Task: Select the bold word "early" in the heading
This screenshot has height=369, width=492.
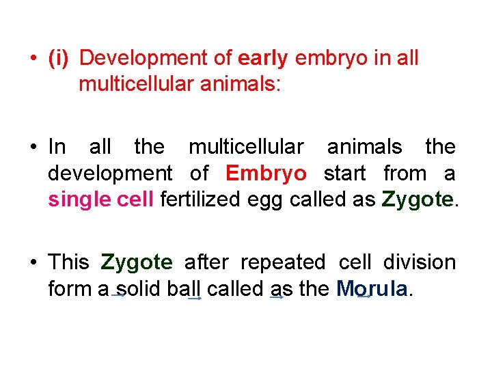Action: click(263, 59)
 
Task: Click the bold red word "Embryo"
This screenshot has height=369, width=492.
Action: click(266, 173)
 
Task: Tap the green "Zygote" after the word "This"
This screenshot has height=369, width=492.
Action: click(137, 262)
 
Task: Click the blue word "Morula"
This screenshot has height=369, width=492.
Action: click(372, 289)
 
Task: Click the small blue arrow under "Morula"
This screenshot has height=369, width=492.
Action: click(364, 297)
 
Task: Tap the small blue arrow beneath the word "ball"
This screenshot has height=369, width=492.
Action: click(195, 299)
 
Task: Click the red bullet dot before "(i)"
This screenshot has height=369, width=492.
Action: click(33, 59)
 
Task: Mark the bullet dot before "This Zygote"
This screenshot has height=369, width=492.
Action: click(33, 262)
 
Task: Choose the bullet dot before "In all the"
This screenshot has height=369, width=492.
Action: click(33, 147)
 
